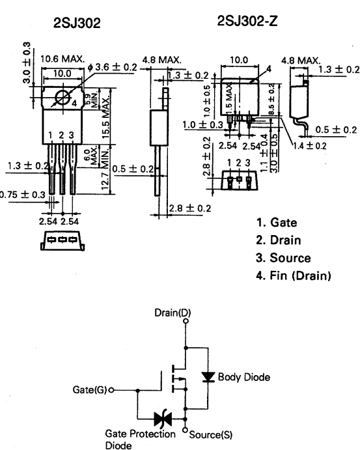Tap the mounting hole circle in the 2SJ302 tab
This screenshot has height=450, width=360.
click(x=63, y=98)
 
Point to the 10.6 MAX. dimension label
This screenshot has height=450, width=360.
click(x=62, y=59)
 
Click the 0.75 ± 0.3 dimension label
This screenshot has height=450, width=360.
click(x=23, y=194)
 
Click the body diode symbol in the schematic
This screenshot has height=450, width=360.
click(x=207, y=377)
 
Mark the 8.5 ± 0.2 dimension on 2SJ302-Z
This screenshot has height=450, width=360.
click(x=270, y=104)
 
